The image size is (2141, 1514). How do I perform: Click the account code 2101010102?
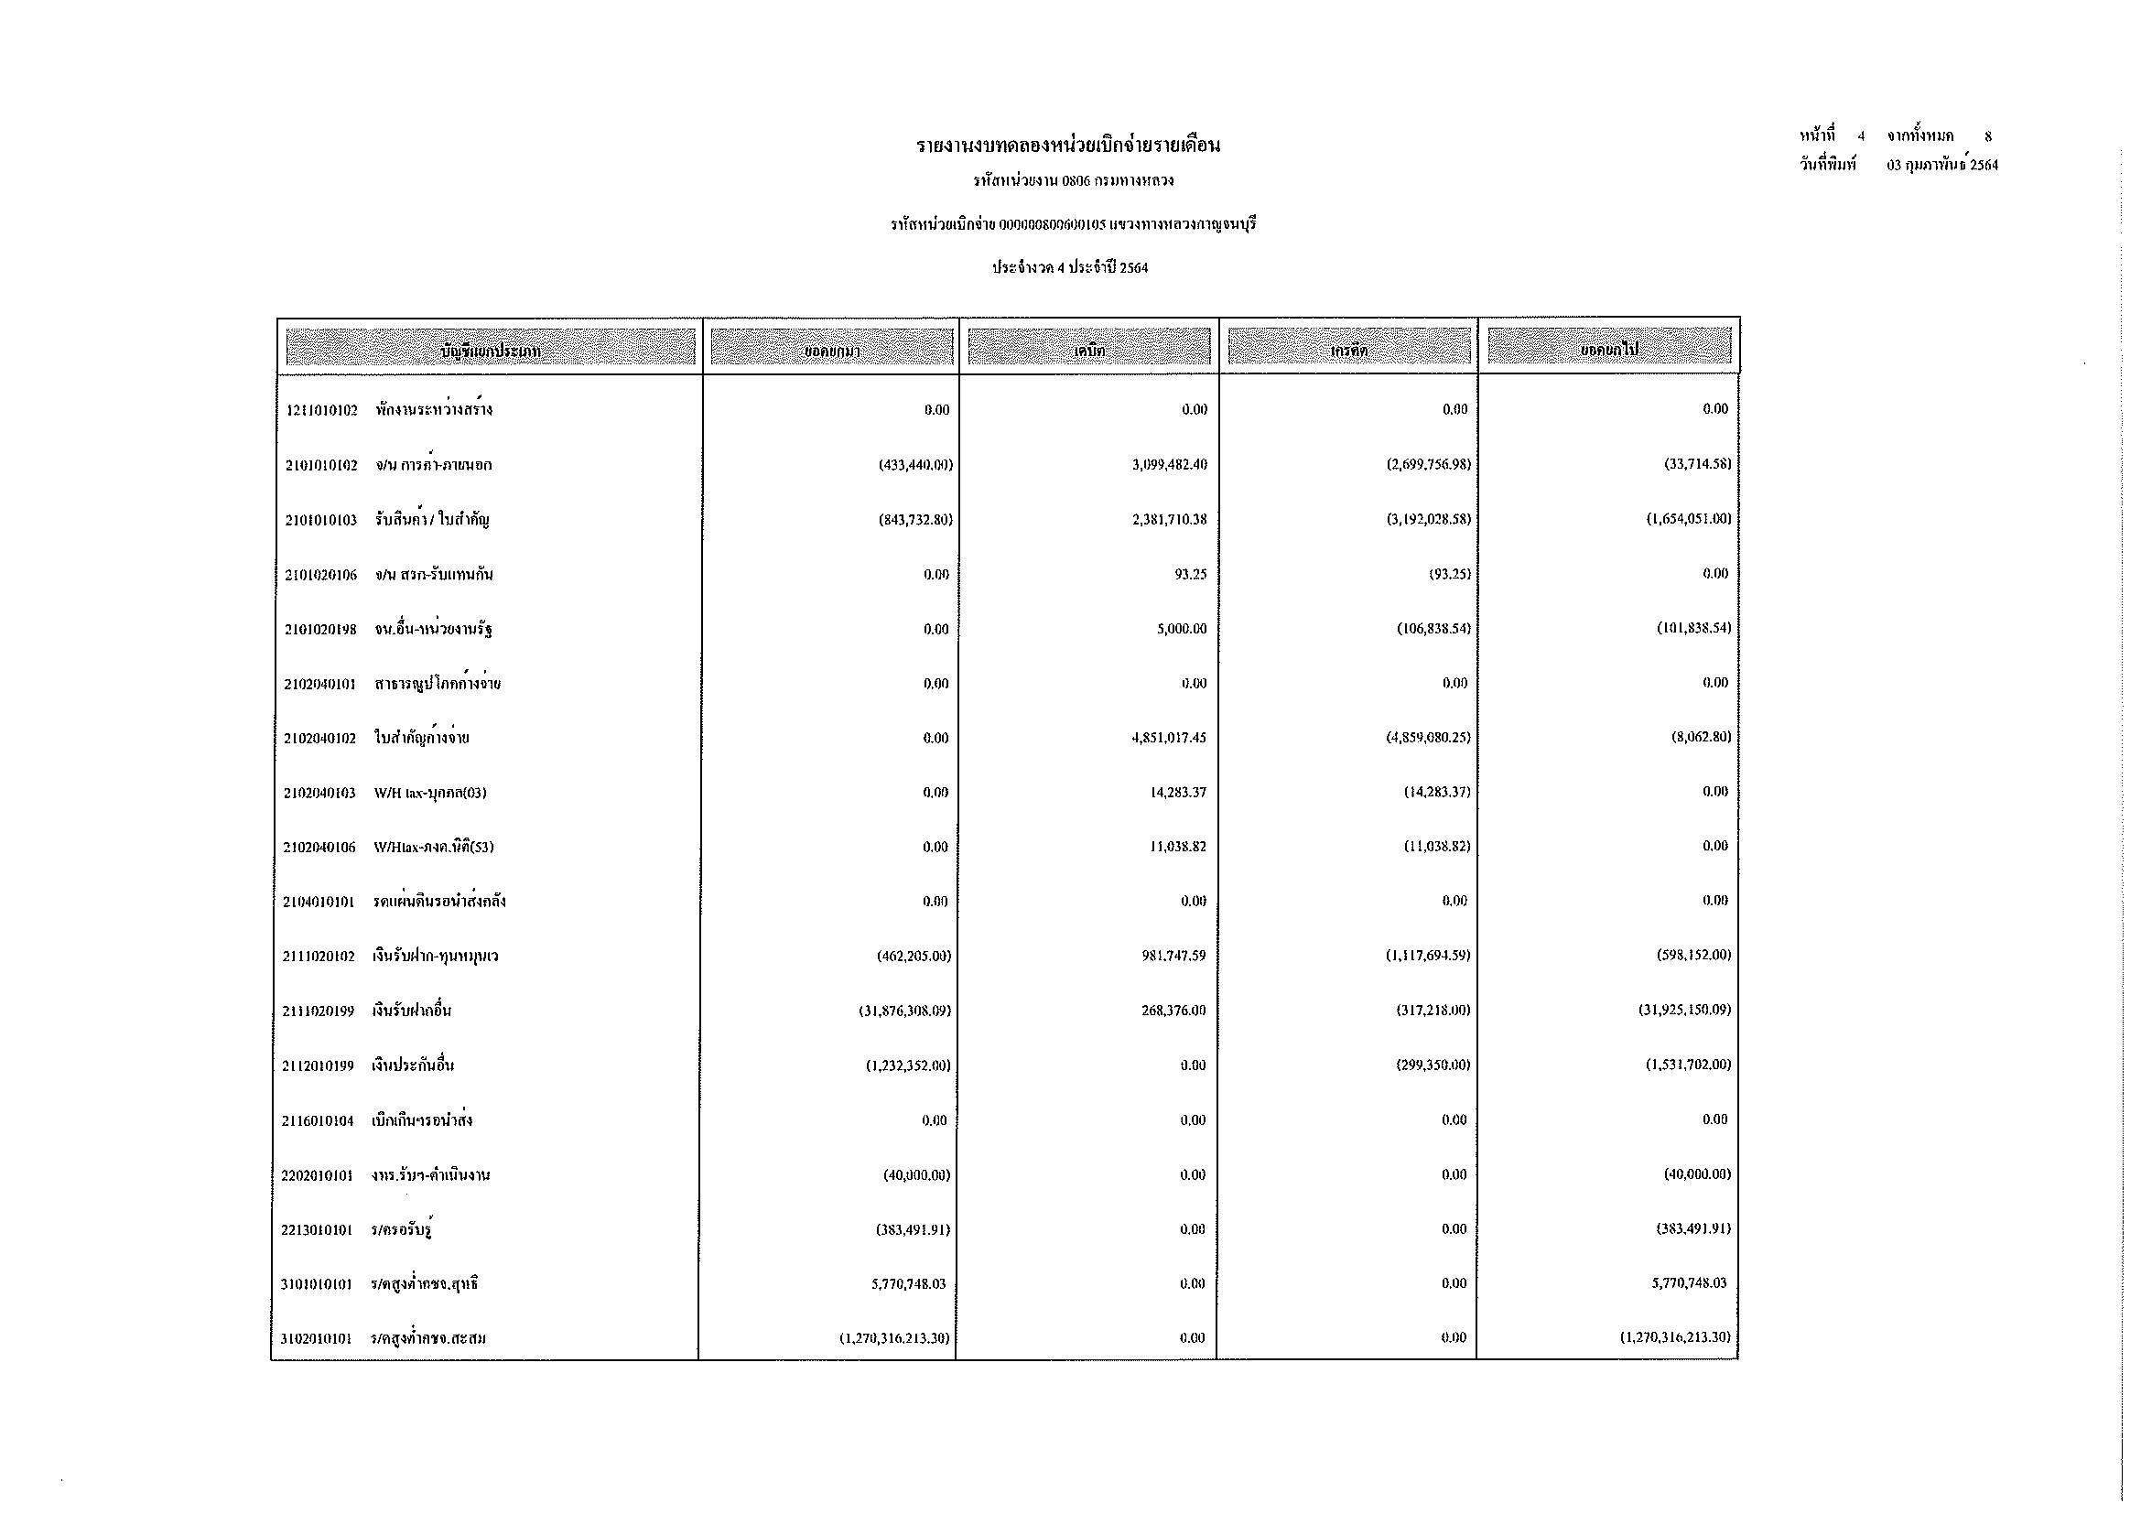[320, 465]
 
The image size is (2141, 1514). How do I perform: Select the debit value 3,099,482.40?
[1169, 464]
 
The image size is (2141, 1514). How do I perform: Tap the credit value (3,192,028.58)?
[1428, 519]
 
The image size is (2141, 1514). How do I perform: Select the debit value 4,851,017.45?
[1168, 739]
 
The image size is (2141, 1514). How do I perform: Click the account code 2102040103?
[319, 794]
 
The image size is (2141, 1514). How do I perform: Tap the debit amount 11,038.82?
[1179, 848]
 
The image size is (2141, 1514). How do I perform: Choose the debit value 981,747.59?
[1173, 957]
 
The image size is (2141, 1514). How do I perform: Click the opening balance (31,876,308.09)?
[904, 1011]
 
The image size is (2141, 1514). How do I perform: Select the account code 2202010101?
[317, 1175]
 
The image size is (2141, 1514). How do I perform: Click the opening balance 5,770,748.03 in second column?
[908, 1284]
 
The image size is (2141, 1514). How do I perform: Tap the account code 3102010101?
[316, 1340]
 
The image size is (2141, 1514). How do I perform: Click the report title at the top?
[1068, 146]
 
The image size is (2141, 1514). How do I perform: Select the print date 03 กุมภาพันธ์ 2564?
[1941, 166]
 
